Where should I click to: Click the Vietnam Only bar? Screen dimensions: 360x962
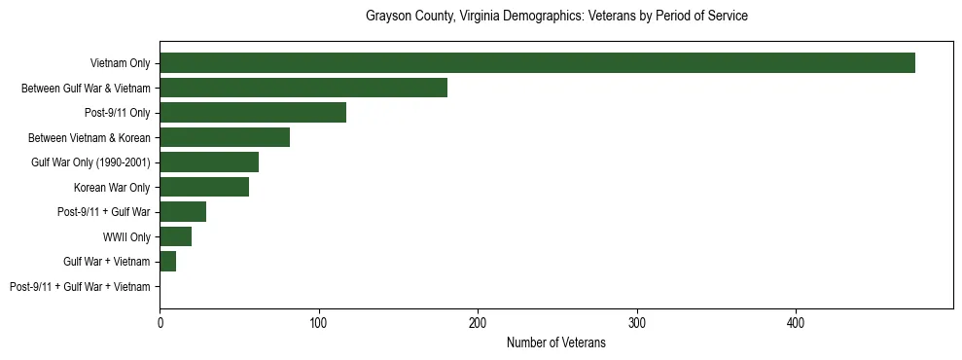537,63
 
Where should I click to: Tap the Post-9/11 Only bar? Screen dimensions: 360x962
253,113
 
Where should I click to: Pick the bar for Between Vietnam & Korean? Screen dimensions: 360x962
225,137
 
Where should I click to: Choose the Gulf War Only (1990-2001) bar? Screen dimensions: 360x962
209,162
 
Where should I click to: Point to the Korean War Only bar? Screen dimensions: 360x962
204,187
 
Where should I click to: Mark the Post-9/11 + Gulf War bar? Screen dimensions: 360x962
183,212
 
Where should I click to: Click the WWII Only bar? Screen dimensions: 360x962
176,236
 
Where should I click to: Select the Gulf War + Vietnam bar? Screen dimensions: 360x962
168,262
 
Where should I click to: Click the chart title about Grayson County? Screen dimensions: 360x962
556,17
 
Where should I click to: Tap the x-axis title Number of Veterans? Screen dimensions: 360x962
556,342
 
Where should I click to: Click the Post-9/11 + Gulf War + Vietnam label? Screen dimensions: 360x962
80,287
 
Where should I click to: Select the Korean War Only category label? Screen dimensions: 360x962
112,188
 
